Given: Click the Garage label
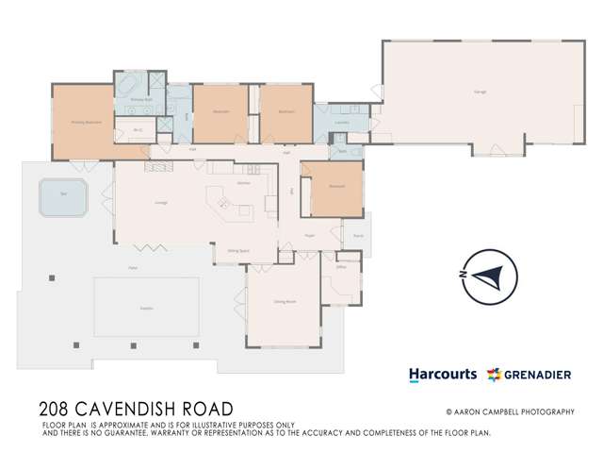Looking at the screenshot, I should click(466, 92).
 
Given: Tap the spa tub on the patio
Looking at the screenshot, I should click(62, 198).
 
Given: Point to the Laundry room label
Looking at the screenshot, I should click(342, 123).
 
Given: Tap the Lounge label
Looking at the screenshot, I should click(161, 202).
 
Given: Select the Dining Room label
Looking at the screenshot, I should click(285, 301).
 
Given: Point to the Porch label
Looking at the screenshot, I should click(358, 236).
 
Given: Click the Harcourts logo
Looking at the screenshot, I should click(442, 375).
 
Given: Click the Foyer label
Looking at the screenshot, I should click(309, 236).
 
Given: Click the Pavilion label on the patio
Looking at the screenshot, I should click(146, 307).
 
